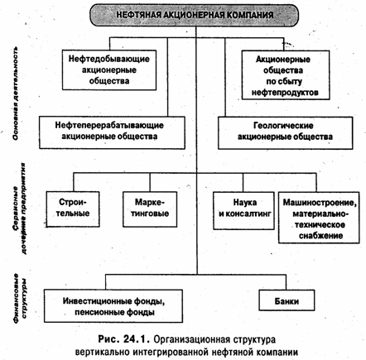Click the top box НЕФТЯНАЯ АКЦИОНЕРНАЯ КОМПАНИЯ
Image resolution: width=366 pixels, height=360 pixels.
pyautogui.click(x=195, y=15)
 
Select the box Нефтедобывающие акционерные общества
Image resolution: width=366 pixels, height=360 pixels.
pyautogui.click(x=109, y=70)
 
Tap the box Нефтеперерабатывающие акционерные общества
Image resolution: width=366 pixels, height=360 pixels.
pyautogui.click(x=112, y=132)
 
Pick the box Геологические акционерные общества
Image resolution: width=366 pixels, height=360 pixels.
pyautogui.click(x=286, y=133)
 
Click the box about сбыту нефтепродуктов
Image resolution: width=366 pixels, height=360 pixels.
pyautogui.click(x=286, y=74)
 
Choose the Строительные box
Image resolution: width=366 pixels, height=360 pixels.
pyautogui.click(x=73, y=209)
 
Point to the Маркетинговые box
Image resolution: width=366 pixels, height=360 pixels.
pyautogui.click(x=150, y=209)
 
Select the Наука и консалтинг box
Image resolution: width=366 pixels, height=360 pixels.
pyautogui.click(x=243, y=211)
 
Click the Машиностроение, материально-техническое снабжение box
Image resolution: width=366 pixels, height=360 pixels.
pyautogui.click(x=319, y=218)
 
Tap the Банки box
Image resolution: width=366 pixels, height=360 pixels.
pyautogui.click(x=287, y=300)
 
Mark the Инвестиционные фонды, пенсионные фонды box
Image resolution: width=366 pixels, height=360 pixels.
pyautogui.click(x=113, y=306)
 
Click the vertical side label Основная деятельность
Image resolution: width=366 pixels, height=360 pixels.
pyautogui.click(x=16, y=94)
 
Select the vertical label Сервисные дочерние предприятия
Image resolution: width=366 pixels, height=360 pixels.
pyautogui.click(x=19, y=209)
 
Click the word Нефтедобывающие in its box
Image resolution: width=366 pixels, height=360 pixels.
pyautogui.click(x=109, y=59)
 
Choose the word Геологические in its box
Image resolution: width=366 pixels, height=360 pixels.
pyautogui.click(x=283, y=126)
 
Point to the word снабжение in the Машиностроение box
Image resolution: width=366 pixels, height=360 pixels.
pyautogui.click(x=321, y=236)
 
